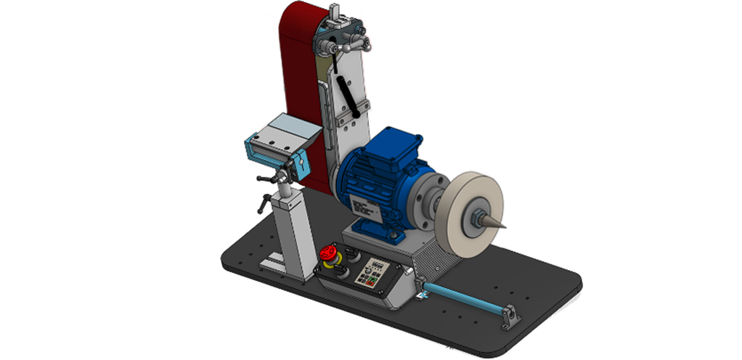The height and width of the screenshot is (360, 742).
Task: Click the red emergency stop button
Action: point(327,253)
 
